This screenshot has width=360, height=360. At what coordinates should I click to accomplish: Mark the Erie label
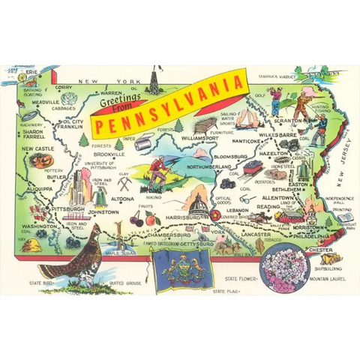[x=31, y=75]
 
